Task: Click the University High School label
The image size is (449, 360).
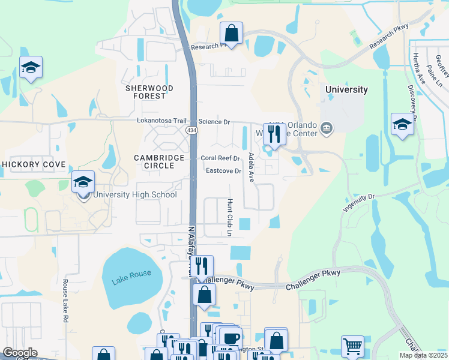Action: coord(134,194)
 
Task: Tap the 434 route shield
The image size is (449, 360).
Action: coord(191,130)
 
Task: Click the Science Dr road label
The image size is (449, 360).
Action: coord(214,122)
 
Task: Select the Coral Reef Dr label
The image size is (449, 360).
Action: coord(220,158)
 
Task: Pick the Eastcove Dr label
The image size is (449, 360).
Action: coord(223,171)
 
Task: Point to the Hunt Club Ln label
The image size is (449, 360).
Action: coord(229,217)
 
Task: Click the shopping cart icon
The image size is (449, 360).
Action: coord(352,346)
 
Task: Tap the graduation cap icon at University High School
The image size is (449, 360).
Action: coord(83,182)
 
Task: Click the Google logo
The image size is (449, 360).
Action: coord(20,353)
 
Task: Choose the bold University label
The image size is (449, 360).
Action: coord(346,89)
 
